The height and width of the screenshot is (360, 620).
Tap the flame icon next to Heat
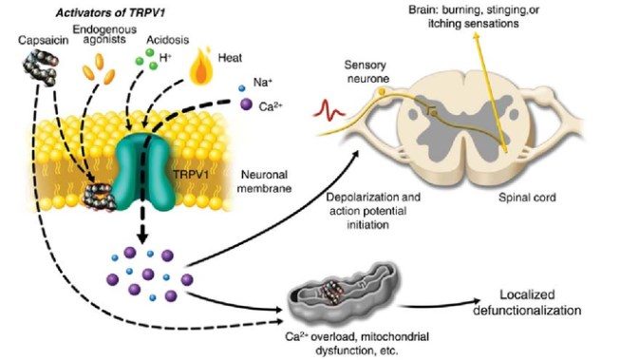(x=201, y=68)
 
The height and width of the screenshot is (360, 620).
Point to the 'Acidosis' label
(x=162, y=42)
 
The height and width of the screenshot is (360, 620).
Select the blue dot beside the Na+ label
(x=242, y=90)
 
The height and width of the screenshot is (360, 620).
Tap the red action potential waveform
(x=330, y=111)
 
